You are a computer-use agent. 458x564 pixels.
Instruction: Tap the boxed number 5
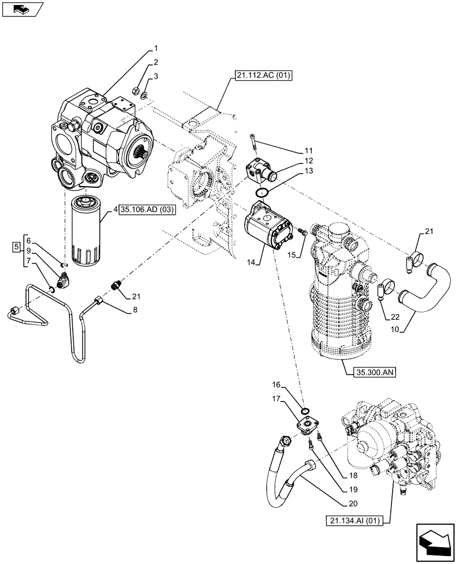tap(17, 246)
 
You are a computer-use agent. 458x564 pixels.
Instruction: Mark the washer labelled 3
tap(145, 96)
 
